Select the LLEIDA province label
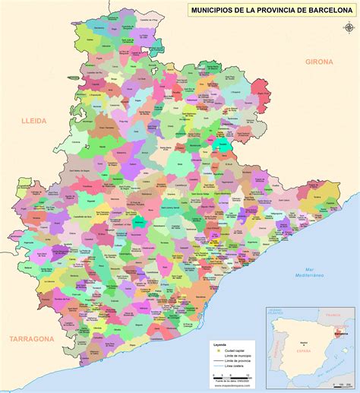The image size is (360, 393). pos(35,120)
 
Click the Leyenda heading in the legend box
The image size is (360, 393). pos(220,345)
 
